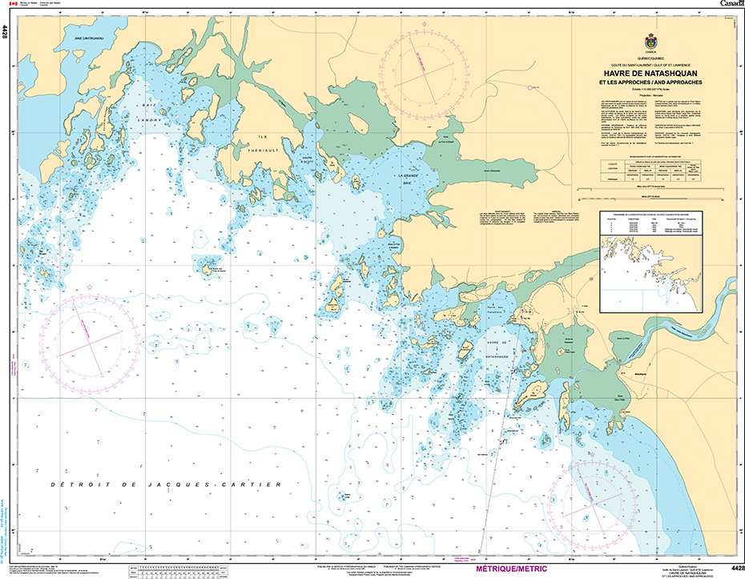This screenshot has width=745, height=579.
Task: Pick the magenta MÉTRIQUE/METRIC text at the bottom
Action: tap(511, 569)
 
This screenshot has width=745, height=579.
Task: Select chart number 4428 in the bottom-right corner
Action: tap(732, 568)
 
